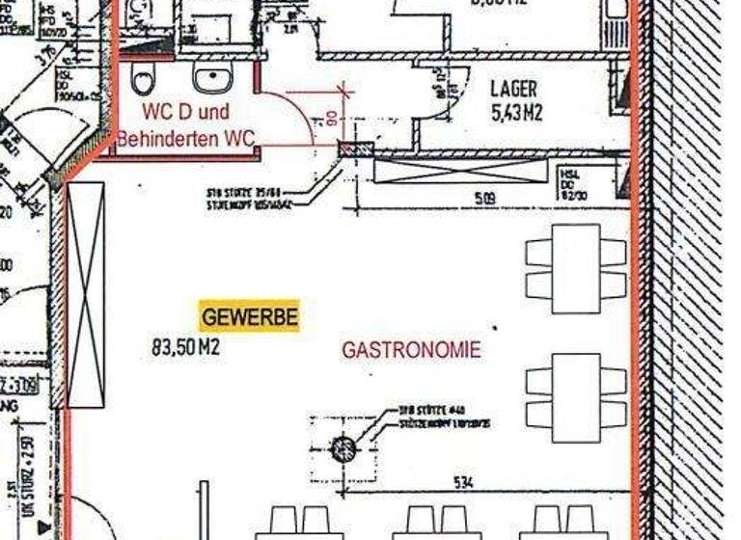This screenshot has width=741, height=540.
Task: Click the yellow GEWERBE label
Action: (x=249, y=315)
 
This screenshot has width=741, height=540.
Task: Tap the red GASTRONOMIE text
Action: (x=410, y=350)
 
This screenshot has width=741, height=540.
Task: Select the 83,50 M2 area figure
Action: (x=185, y=346)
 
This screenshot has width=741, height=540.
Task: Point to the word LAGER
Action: (x=513, y=90)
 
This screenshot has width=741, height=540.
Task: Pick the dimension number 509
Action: (x=485, y=200)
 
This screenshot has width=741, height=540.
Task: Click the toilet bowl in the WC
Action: (x=145, y=77)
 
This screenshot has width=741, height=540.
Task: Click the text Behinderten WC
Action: (x=185, y=139)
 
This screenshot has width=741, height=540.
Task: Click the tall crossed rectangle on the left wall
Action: (x=86, y=294)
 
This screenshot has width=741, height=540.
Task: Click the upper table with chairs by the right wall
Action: (x=576, y=268)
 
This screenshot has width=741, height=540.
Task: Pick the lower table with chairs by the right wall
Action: (x=576, y=397)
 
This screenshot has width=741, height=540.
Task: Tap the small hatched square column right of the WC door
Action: (x=356, y=149)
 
